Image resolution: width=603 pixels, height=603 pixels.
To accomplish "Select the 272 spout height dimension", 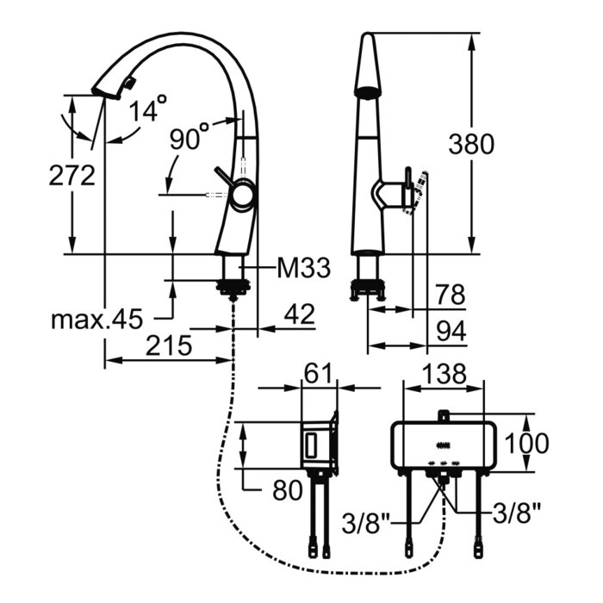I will pos(71,176).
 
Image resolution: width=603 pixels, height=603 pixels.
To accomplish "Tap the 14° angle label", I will pos(147,109).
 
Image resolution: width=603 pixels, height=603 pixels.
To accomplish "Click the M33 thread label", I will pos(303,270).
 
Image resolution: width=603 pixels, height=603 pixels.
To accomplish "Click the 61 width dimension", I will pos(319,373).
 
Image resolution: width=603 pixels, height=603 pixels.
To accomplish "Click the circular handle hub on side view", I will pos(242,197).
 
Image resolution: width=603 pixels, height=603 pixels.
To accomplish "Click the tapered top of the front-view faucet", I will pos(368,60).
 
